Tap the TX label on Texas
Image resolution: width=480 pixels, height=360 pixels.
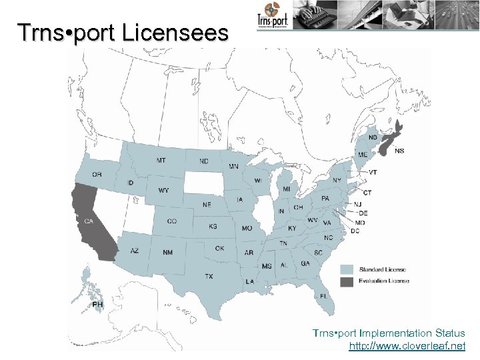click(209, 276)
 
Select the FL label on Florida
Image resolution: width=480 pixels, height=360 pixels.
click(323, 295)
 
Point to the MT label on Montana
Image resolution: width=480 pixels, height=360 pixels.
click(161, 161)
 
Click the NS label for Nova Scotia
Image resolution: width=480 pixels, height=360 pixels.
click(399, 151)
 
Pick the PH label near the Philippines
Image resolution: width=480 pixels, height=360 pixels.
click(98, 305)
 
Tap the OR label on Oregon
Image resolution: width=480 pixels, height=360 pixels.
click(97, 175)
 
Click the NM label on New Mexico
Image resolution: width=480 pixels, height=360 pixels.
click(168, 253)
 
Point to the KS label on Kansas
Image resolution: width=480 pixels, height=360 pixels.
click(213, 227)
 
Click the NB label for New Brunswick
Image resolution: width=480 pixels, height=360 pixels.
click(373, 137)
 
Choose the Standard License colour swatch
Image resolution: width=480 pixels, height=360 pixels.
click(347, 270)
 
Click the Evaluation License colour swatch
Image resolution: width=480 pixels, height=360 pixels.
click(347, 281)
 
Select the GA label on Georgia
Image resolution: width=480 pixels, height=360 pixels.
click(305, 263)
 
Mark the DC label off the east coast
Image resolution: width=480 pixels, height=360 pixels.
click(355, 231)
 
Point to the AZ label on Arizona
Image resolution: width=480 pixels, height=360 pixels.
click(135, 251)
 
